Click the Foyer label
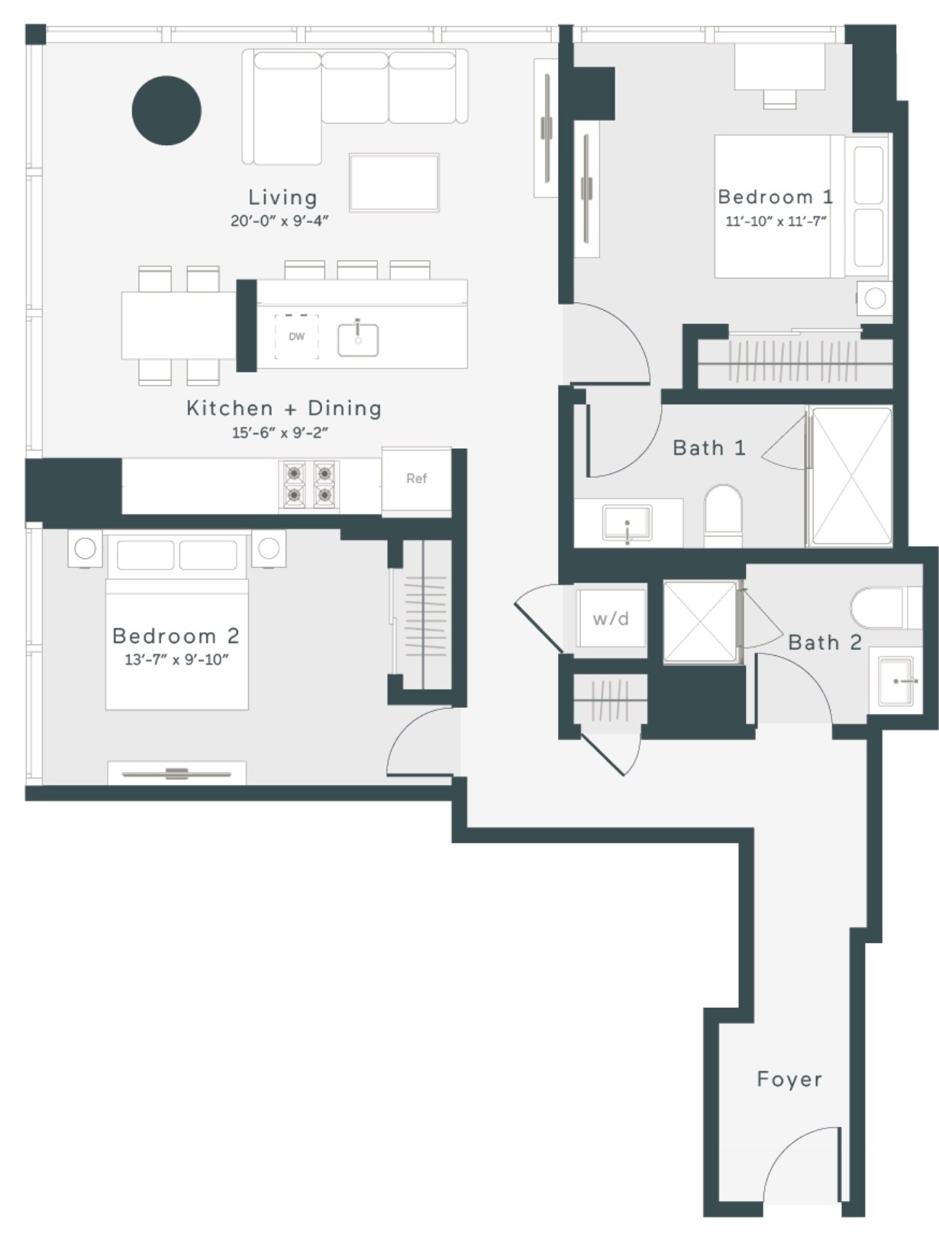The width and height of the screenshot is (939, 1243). [789, 1079]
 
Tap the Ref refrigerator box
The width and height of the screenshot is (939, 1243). [417, 481]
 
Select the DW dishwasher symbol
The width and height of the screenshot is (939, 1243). [296, 337]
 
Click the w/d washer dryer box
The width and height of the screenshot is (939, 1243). [611, 618]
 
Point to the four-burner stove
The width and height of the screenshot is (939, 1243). [309, 483]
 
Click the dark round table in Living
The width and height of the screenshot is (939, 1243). [166, 111]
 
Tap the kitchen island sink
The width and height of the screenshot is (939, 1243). [358, 339]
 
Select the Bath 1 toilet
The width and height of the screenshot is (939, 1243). [723, 516]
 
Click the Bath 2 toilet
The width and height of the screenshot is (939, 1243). [886, 608]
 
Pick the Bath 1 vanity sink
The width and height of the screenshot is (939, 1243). [628, 522]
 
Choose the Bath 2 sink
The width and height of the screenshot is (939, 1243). [896, 681]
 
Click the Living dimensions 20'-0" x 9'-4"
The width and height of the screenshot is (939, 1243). [279, 221]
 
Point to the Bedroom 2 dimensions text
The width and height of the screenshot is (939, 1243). [176, 659]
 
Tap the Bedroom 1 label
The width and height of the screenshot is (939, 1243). [776, 196]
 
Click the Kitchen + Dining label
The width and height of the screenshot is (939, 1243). [284, 408]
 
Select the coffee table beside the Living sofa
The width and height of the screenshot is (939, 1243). [394, 182]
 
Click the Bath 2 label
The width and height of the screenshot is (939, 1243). [824, 642]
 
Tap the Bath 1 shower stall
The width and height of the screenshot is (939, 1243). [850, 476]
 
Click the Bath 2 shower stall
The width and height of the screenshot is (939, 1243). [702, 621]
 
